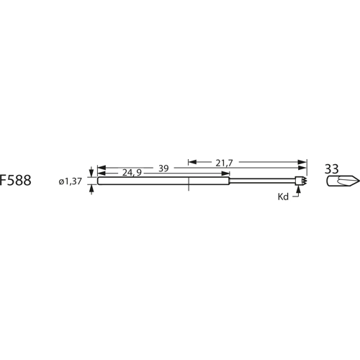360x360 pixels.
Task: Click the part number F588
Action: click(x=16, y=181)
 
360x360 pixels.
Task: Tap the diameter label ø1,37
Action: click(x=72, y=181)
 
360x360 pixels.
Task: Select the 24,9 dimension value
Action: click(x=131, y=174)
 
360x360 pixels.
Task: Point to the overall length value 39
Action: click(x=163, y=168)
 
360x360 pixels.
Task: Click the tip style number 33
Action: click(x=332, y=168)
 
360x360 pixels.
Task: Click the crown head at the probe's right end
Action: click(x=301, y=181)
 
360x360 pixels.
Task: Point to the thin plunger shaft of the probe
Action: click(x=263, y=181)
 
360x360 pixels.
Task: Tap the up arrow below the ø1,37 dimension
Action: click(x=91, y=189)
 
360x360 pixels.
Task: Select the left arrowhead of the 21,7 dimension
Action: click(x=192, y=163)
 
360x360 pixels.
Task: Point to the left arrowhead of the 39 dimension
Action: click(x=99, y=168)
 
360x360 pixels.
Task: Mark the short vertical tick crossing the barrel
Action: click(x=188, y=184)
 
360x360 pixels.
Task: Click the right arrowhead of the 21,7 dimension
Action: click(x=303, y=163)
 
